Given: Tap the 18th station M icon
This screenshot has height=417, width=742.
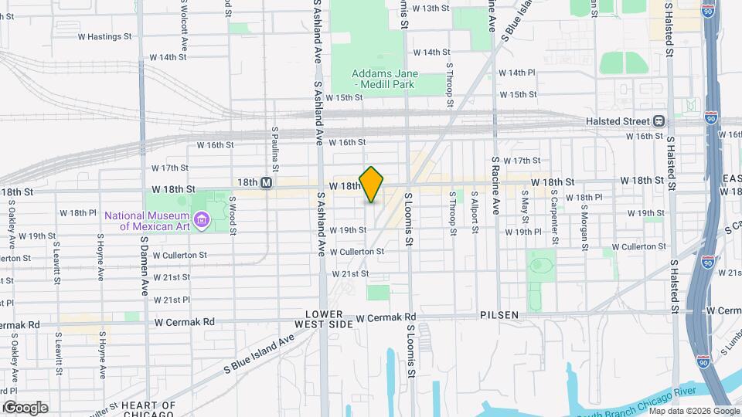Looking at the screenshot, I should pyautogui.click(x=266, y=182).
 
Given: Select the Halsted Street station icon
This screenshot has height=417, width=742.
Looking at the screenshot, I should pyautogui.click(x=659, y=120).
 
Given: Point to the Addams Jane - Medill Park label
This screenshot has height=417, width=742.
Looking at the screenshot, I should pyautogui.click(x=375, y=78).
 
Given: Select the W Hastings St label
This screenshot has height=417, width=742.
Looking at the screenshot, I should pyautogui.click(x=104, y=36).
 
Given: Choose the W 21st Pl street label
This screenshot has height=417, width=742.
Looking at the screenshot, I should pyautogui.click(x=172, y=300).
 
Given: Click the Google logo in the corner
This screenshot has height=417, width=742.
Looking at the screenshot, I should pyautogui.click(x=26, y=408).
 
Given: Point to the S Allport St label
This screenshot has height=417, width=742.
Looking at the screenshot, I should pyautogui.click(x=475, y=211).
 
